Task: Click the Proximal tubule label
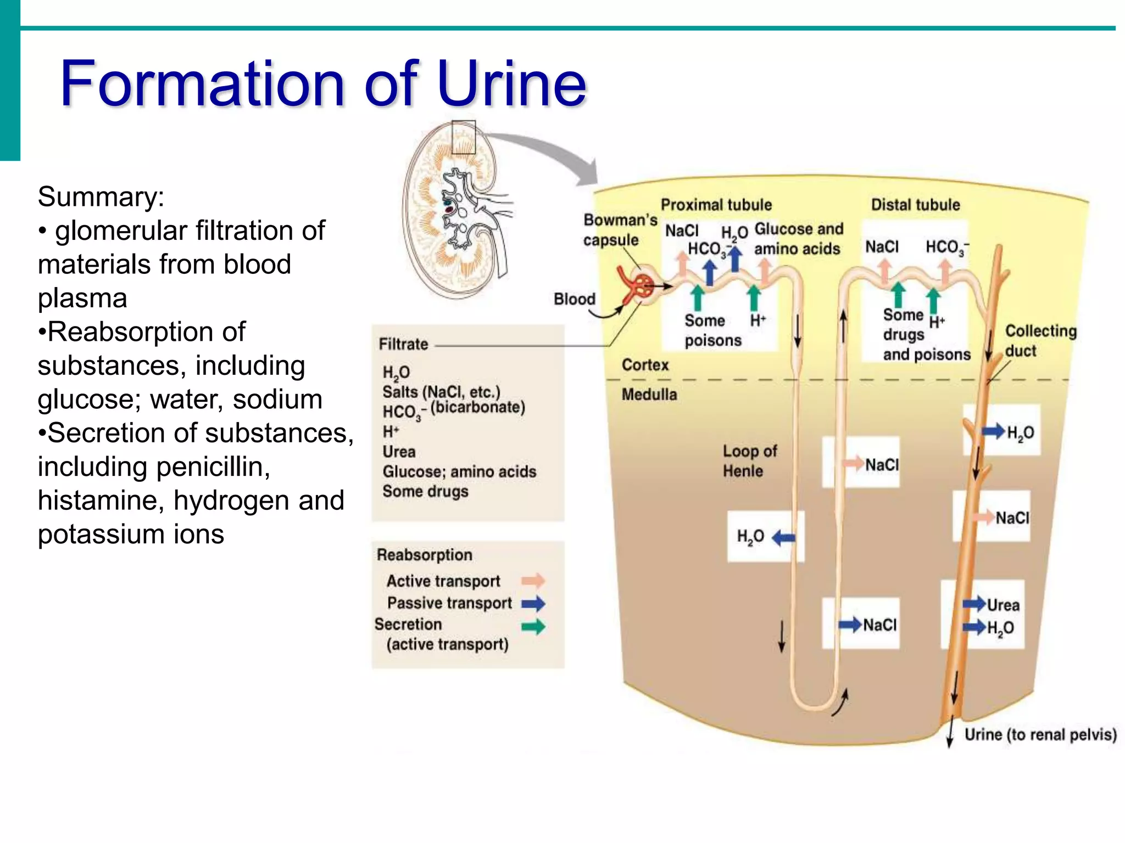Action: tap(716, 205)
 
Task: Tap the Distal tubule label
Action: tap(915, 205)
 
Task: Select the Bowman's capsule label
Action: tap(619, 230)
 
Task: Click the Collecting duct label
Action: tap(1040, 340)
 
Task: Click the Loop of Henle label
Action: tap(749, 460)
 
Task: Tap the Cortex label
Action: tap(645, 365)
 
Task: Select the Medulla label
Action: tap(649, 394)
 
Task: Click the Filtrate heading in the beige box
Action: tap(403, 344)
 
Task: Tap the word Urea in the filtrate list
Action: tap(399, 452)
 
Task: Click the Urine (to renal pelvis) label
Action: tap(1040, 734)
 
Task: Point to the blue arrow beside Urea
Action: tap(974, 604)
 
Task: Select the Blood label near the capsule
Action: tap(574, 299)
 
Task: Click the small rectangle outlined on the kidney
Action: tap(463, 137)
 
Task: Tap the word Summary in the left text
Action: tap(101, 196)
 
